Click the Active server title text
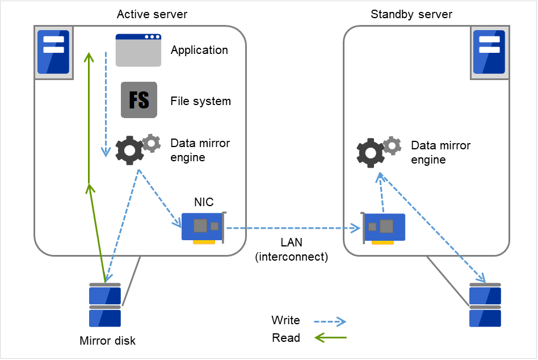point(152,14)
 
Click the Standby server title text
point(411,14)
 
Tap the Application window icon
point(138,51)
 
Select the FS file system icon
point(138,101)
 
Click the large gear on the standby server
point(370,152)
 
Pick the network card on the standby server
point(384,228)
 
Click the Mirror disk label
point(108,341)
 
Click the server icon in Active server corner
point(53,52)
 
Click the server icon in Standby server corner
point(489,52)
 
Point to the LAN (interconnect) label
point(292,250)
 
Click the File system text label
point(200,101)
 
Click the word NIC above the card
point(204,202)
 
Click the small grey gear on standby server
point(392,146)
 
